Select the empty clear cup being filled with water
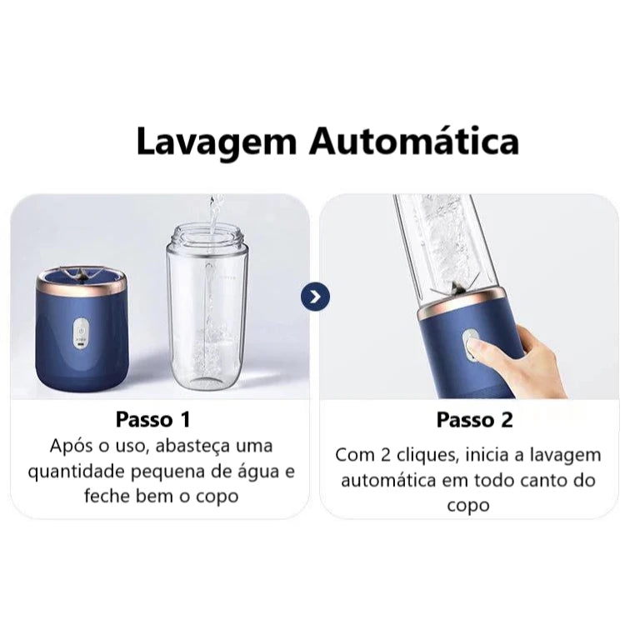pos(207,308)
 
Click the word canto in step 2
pos(541,481)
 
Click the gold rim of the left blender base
pos(82,287)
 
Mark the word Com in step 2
pos(353,456)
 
